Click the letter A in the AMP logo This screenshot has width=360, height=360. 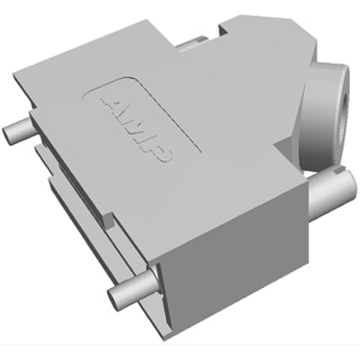(109, 102)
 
